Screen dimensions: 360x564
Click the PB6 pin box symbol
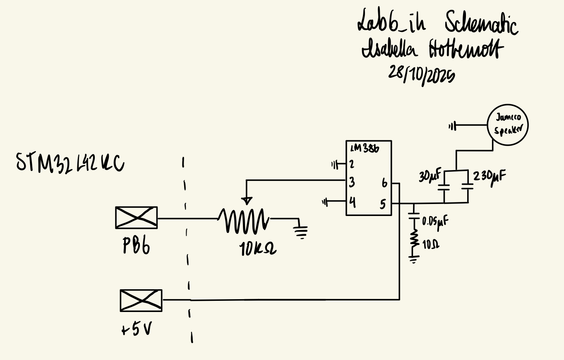136,218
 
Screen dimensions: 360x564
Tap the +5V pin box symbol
141,300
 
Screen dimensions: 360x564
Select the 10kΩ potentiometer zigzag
244,220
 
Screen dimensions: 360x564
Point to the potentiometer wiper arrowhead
247,201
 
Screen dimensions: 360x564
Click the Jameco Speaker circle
507,125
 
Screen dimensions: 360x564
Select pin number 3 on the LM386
352,182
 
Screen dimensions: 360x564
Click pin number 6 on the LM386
384,183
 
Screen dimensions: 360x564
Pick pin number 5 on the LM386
383,204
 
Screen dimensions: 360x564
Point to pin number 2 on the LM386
351,164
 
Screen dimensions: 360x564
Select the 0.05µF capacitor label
435,222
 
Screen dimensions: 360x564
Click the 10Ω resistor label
430,244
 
